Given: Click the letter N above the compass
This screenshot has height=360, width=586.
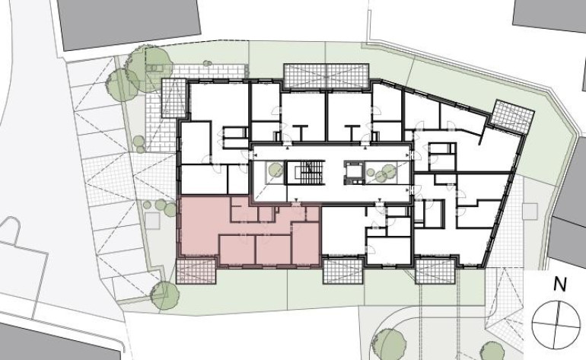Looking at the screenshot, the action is pyautogui.click(x=560, y=285).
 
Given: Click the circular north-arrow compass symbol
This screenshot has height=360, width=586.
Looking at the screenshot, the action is pyautogui.click(x=556, y=324).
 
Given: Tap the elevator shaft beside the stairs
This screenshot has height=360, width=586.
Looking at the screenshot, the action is pyautogui.click(x=354, y=173).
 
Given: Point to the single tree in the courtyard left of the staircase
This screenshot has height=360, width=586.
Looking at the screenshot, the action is pyautogui.click(x=275, y=170).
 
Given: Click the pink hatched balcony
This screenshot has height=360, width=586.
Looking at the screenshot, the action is pyautogui.click(x=196, y=270).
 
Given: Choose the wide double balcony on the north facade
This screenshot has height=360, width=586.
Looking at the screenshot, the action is pyautogui.click(x=326, y=76).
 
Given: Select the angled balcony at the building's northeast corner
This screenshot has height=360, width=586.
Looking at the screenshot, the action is pyautogui.click(x=512, y=116).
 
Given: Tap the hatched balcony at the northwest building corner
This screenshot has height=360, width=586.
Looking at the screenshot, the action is pyautogui.click(x=174, y=97).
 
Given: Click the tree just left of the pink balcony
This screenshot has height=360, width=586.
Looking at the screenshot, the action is pyautogui.click(x=164, y=295).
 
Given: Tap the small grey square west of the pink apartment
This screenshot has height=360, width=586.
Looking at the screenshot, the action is pyautogui.click(x=152, y=220).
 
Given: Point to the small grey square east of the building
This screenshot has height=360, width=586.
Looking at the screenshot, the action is pyautogui.click(x=530, y=211).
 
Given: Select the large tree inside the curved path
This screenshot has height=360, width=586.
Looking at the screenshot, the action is pyautogui.click(x=389, y=344).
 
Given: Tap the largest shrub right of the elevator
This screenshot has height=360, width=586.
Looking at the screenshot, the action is pyautogui.click(x=389, y=171).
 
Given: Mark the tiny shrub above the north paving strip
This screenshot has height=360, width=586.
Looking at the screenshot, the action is pyautogui.click(x=207, y=63).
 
